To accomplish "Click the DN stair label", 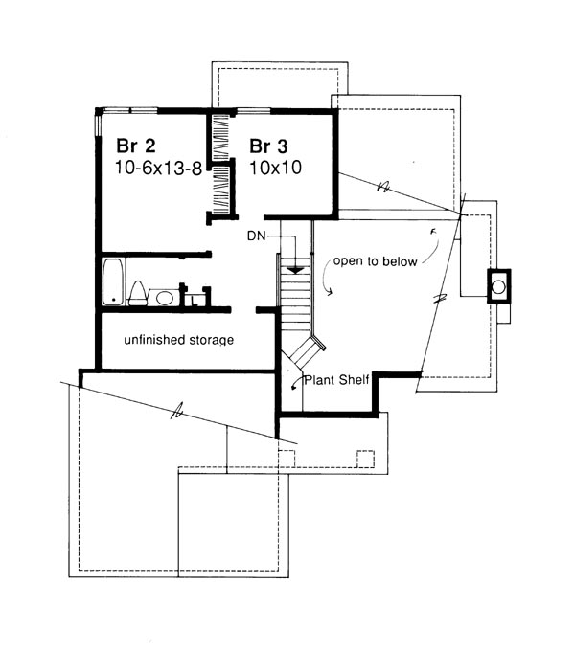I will tap(254, 235).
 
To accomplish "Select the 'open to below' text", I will tap(375, 263).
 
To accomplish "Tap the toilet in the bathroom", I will tap(137, 293).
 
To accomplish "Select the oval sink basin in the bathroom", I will tap(166, 298).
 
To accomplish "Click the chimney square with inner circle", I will tap(499, 285).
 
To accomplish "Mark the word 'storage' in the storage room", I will tap(210, 340).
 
